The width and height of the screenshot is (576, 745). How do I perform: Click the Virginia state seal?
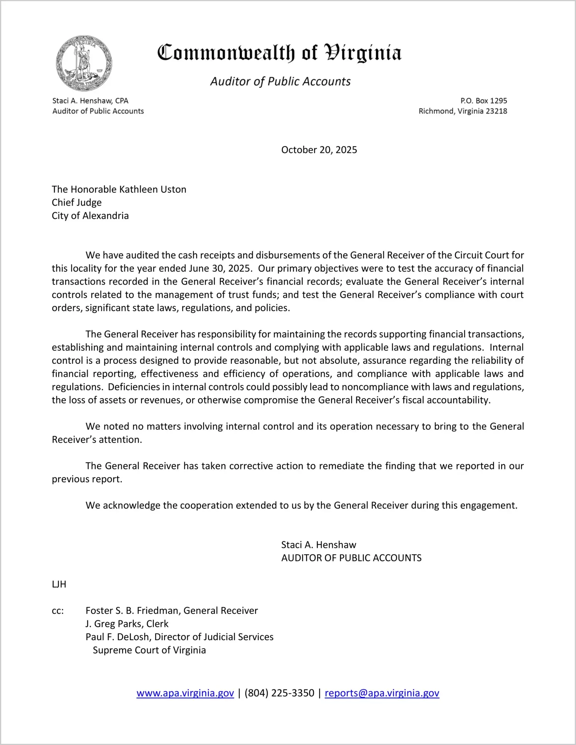pos(84,63)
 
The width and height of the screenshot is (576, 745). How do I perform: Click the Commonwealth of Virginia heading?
pos(280,53)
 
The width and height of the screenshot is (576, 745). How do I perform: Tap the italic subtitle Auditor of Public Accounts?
pos(280,81)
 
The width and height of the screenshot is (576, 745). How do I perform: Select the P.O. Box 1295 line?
pos(483,101)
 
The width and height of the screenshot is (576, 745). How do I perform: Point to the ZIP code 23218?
pos(496,111)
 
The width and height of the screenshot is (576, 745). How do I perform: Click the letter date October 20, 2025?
pos(319,150)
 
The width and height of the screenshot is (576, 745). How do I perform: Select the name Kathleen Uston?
pos(153,189)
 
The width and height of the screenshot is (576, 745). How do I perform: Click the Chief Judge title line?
pos(77,203)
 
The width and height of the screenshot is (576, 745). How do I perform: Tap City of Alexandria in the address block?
pos(90,216)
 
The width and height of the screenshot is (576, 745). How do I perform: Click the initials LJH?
pos(59,584)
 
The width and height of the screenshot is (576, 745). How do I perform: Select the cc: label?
pos(58,611)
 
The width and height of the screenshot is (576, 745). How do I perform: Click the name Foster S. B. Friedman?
pos(133,611)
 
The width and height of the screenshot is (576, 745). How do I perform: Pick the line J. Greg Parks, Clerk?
pos(127,624)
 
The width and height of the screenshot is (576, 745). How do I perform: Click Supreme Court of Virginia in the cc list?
pos(149,650)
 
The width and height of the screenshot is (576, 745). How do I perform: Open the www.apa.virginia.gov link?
pos(185,693)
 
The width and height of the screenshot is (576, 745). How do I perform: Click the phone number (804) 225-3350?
pos(279,693)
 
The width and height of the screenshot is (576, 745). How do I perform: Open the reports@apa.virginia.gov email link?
pos(382,693)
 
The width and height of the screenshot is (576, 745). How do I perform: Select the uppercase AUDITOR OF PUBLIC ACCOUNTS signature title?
pos(351,558)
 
